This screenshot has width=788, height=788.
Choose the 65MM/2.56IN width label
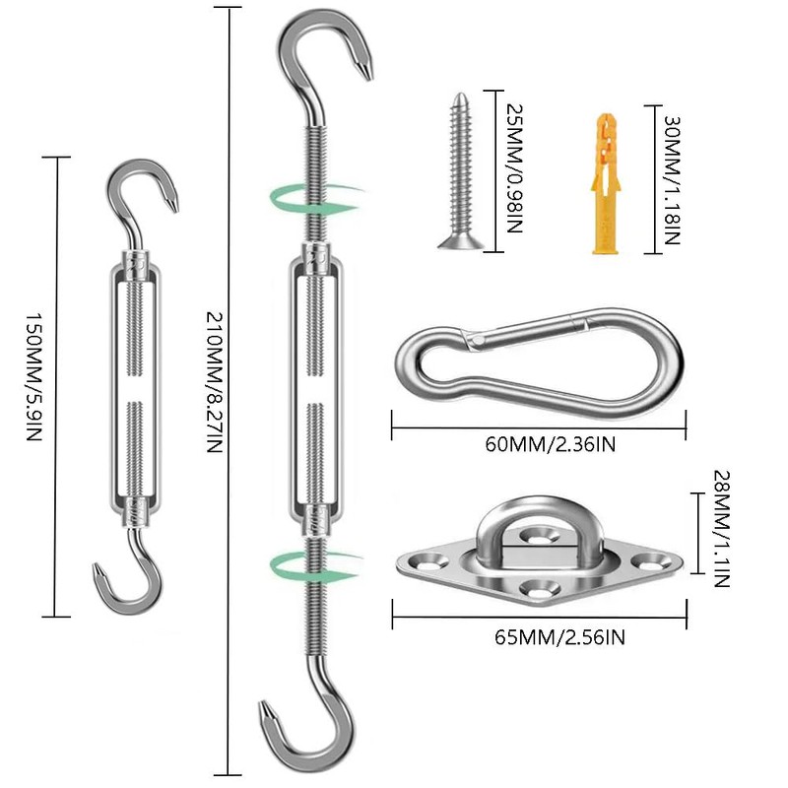[x=558, y=637]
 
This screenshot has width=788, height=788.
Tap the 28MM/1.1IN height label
[x=718, y=528]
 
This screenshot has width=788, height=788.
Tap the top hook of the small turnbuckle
[x=144, y=192]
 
